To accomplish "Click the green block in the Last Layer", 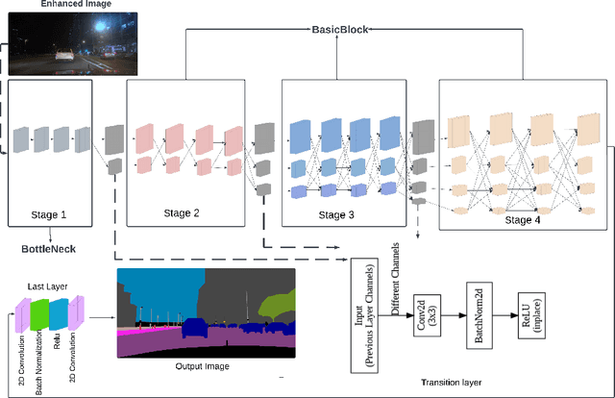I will tap(39, 318).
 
